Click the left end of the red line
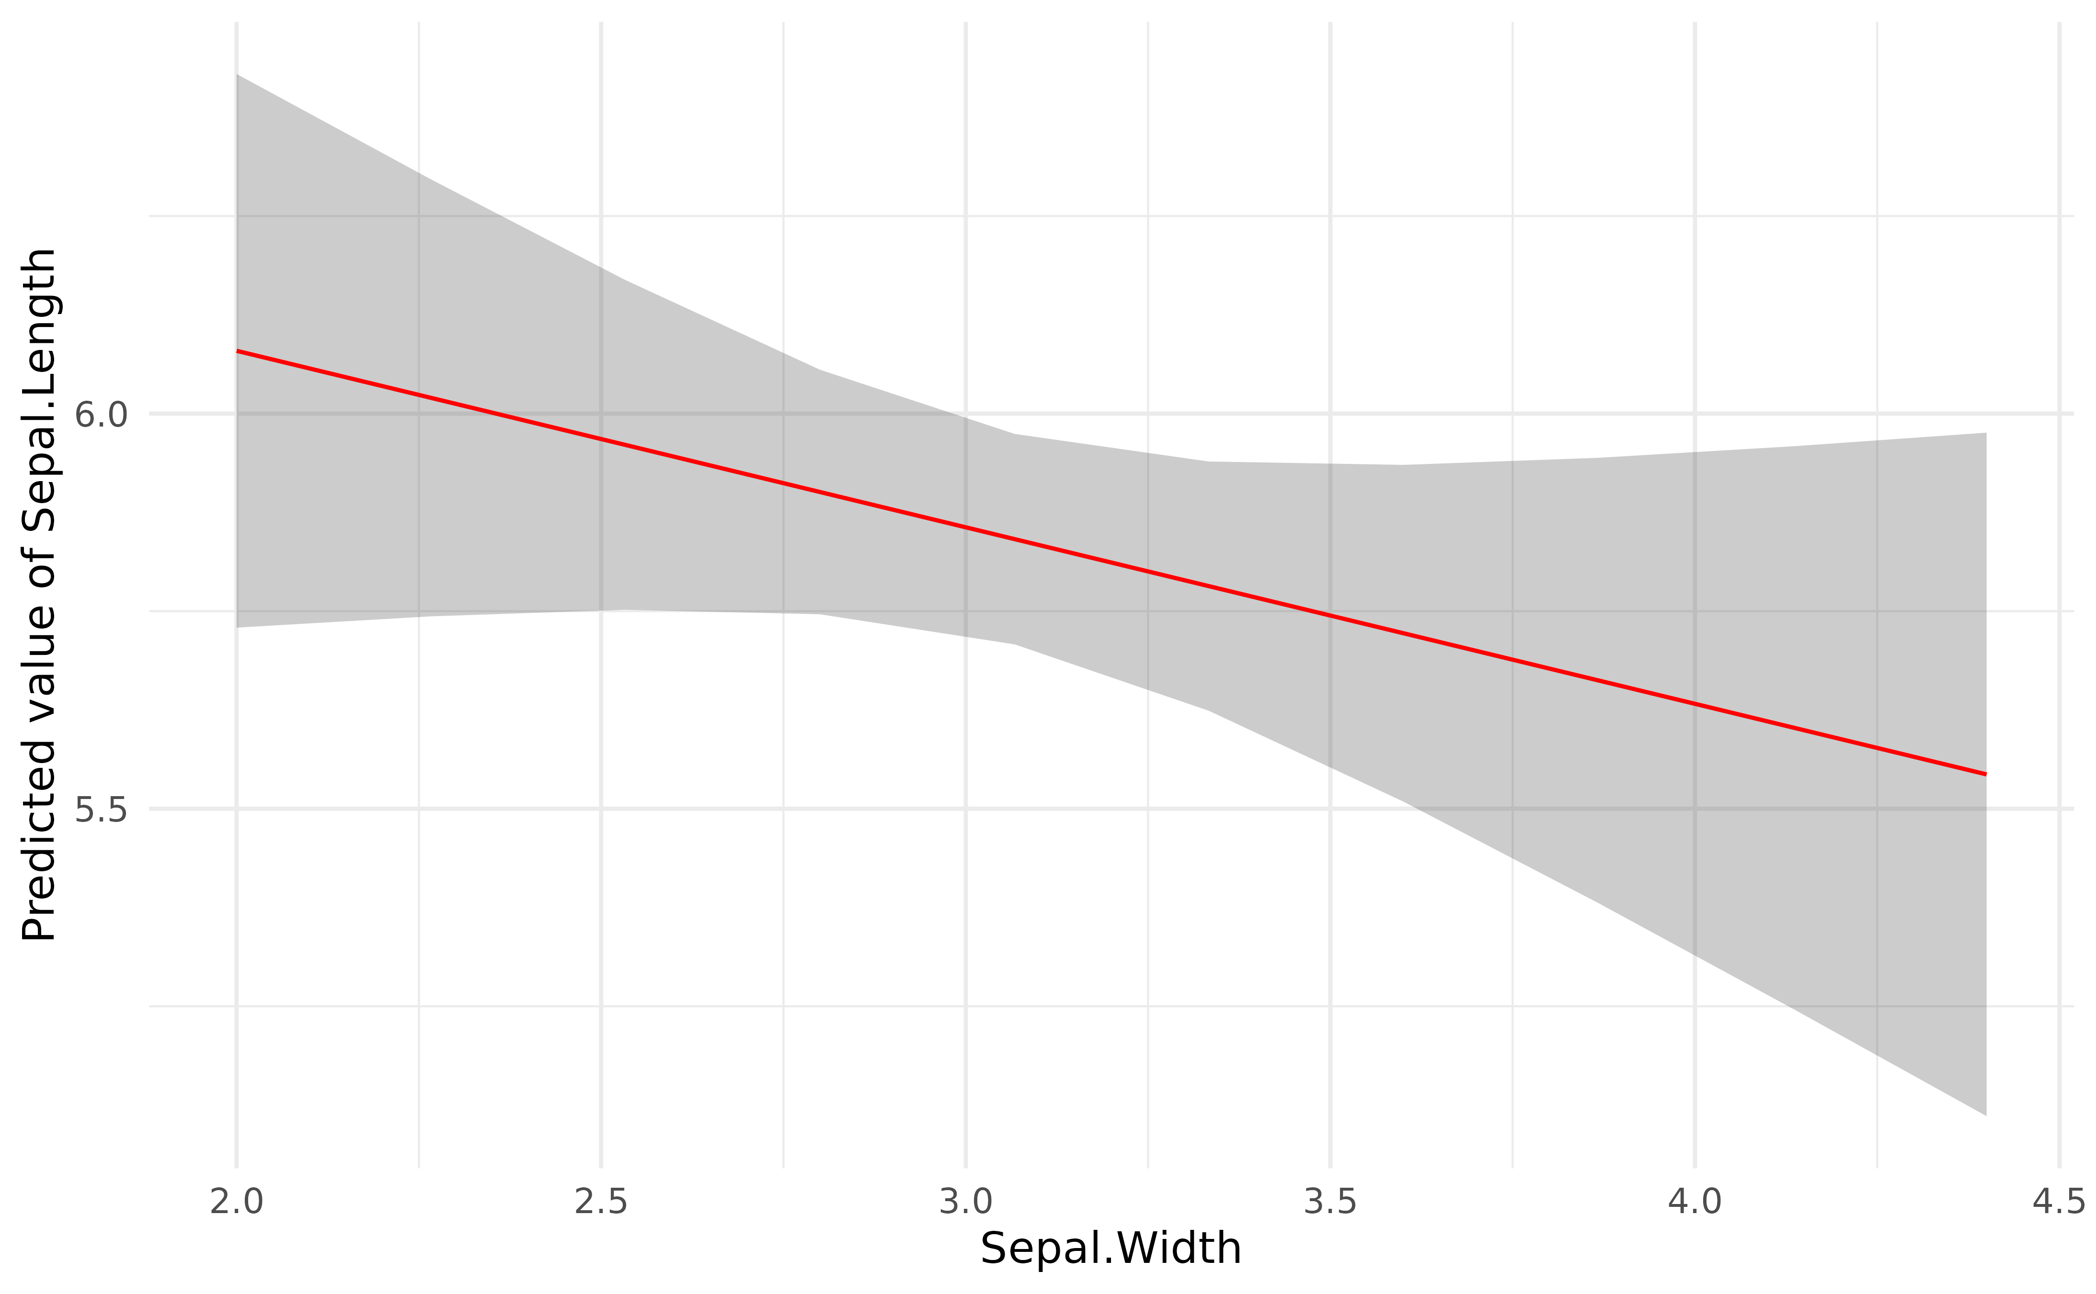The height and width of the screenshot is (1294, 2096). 237,351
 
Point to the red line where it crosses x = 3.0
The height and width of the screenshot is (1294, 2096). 966,527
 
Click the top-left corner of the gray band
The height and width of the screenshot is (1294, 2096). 237,75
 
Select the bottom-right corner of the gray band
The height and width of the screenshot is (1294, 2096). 1985,1115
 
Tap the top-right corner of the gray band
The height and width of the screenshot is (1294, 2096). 1985,433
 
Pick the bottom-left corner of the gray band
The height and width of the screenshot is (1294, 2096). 237,627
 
